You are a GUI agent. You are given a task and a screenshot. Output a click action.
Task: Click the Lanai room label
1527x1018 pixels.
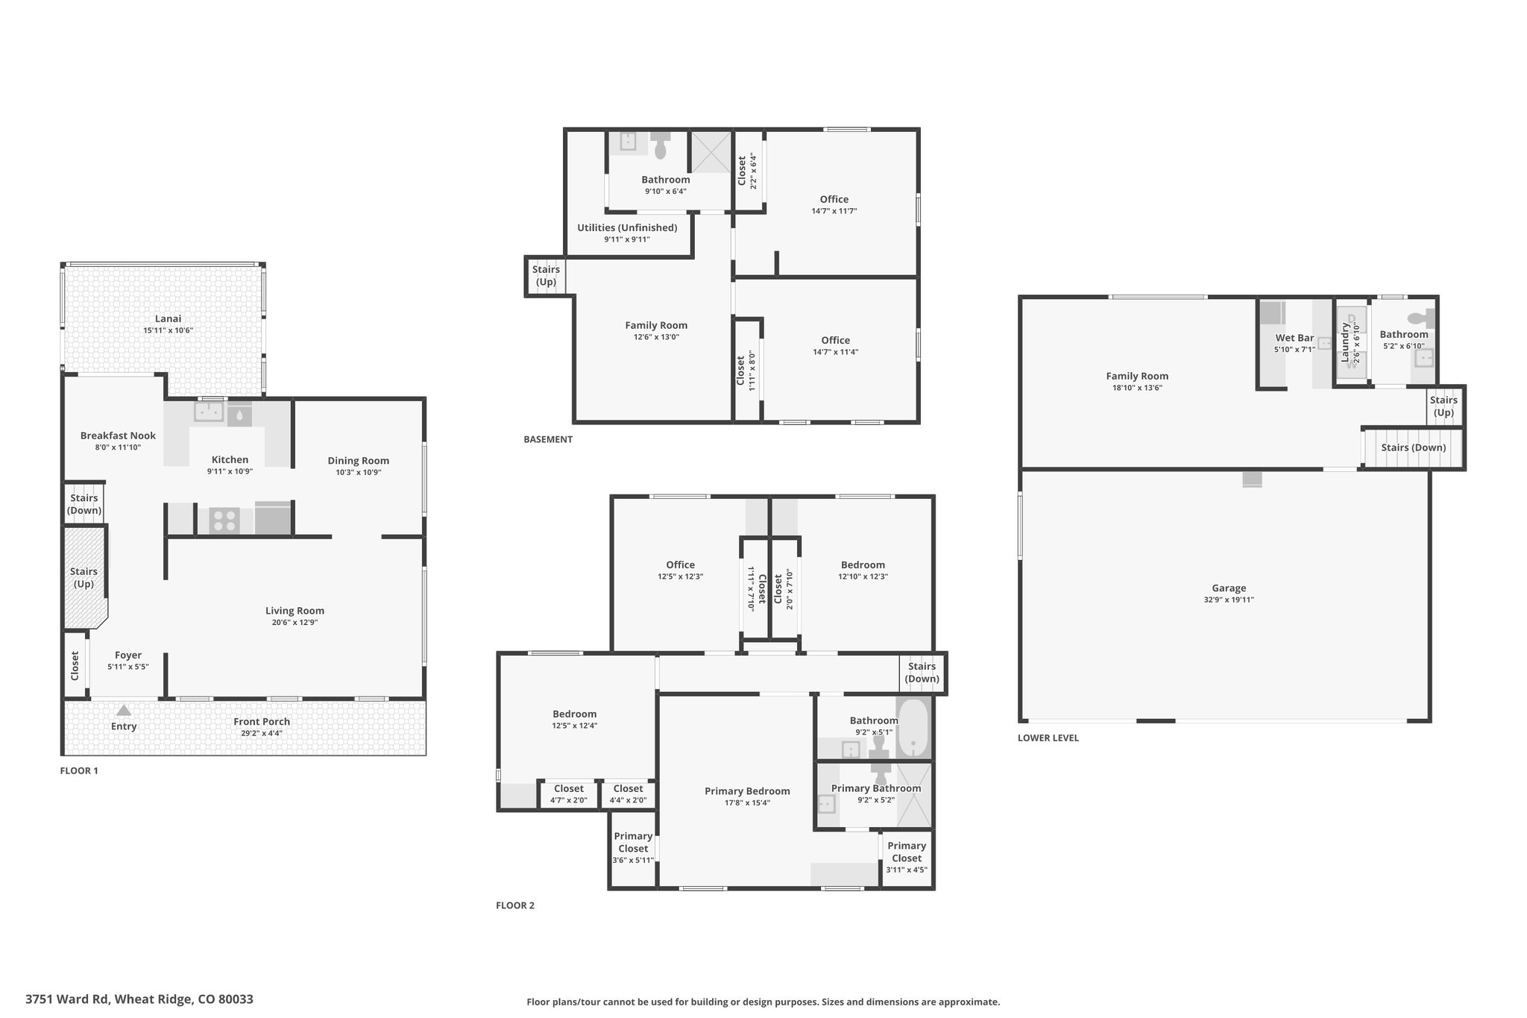coord(168,318)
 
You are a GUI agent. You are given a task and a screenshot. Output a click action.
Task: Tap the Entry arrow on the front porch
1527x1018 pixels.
coord(124,711)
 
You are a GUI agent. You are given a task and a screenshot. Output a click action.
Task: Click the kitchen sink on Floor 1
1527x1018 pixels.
coord(210,411)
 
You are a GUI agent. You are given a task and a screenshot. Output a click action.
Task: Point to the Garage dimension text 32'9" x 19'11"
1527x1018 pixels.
coord(1229,600)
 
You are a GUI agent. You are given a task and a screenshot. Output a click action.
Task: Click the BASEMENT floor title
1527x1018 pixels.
coord(548,439)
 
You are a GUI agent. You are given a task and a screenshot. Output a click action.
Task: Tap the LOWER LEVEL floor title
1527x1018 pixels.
coord(1048,738)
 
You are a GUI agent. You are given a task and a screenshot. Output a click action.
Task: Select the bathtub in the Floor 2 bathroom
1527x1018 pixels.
coord(913,727)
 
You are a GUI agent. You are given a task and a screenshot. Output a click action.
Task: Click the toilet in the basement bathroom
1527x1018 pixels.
coord(661,145)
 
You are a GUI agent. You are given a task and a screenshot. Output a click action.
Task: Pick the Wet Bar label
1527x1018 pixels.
coord(1294,338)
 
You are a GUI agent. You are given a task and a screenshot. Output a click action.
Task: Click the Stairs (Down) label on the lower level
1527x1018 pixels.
coord(1414,447)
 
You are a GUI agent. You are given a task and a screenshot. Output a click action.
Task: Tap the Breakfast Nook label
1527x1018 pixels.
coord(118,436)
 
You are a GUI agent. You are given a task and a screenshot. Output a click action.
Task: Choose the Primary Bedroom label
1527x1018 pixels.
coord(747,791)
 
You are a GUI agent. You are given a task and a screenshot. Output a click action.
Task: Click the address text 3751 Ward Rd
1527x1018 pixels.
coord(68,999)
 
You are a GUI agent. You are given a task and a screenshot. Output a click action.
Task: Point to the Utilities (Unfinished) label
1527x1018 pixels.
coord(627,227)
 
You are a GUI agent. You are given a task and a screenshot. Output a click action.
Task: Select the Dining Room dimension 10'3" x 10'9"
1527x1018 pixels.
coord(359,472)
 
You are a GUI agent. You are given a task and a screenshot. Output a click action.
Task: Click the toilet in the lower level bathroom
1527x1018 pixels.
coord(1427,318)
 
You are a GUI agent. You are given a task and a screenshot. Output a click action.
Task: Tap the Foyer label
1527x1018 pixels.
coord(128,656)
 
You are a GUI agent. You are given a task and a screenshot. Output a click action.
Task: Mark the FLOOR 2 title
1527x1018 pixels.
coord(515,905)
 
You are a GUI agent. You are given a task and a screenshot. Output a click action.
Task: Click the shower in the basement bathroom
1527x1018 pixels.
coord(709,152)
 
